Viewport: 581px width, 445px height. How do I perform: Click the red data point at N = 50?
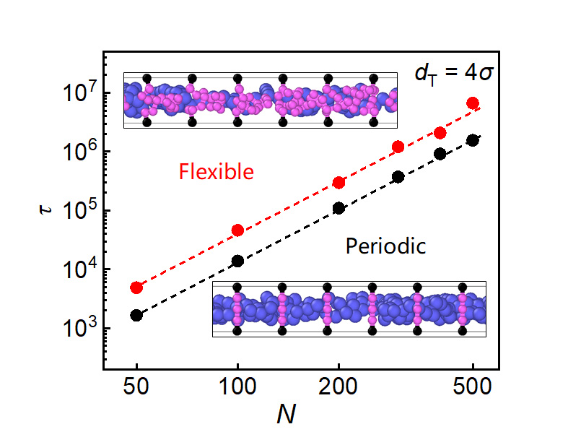coord(136,288)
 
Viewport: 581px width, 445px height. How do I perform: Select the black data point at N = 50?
coord(136,315)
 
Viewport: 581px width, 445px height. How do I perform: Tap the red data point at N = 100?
coord(237,230)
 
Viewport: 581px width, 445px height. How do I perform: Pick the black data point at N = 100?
coord(237,262)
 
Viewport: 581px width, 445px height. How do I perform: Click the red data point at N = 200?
coord(338,183)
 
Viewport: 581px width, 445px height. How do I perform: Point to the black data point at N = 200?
coord(338,208)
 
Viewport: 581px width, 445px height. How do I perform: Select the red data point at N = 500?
coord(473,103)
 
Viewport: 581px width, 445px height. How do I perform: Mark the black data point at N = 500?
coord(473,140)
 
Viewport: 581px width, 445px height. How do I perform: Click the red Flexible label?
coord(217,172)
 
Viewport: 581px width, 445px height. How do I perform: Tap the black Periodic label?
coord(386,246)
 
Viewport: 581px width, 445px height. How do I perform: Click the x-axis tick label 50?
coord(136,386)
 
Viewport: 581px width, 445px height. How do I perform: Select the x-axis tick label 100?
coord(237,386)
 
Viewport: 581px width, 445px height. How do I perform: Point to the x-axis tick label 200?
coord(338,386)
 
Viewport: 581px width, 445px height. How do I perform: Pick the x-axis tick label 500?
coord(473,386)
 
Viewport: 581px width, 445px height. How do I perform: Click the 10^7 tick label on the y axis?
coord(78,93)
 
